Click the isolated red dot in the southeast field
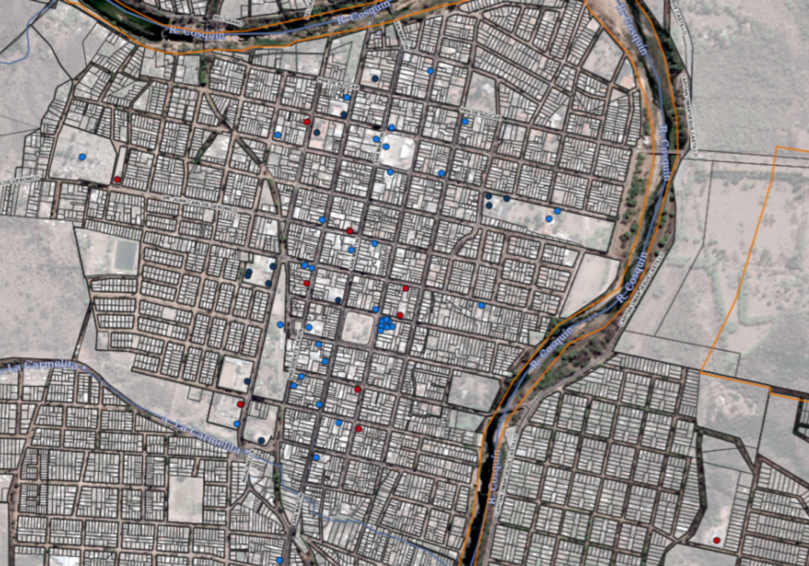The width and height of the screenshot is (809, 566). [x=717, y=540]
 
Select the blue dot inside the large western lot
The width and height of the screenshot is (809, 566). [x=82, y=157]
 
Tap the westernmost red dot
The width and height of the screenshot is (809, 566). [x=117, y=180]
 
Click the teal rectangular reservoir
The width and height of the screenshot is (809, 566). [x=125, y=255]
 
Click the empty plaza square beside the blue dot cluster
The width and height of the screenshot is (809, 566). [x=357, y=328]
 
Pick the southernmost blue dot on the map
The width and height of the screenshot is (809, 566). [x=280, y=561]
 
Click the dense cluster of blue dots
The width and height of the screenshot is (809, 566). [x=386, y=323]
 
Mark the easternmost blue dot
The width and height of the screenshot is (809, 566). [x=558, y=211]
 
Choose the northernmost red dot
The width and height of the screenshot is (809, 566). [x=307, y=122]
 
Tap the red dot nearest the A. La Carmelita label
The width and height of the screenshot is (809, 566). [x=240, y=404]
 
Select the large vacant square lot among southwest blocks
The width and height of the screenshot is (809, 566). [x=185, y=498]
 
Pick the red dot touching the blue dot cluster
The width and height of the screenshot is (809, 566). [x=400, y=315]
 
